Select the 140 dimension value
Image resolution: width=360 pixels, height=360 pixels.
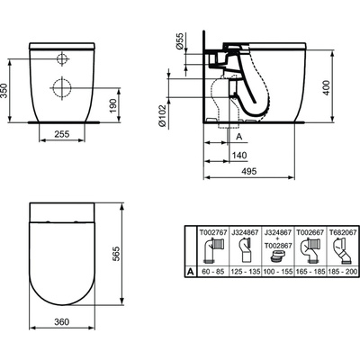238,155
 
